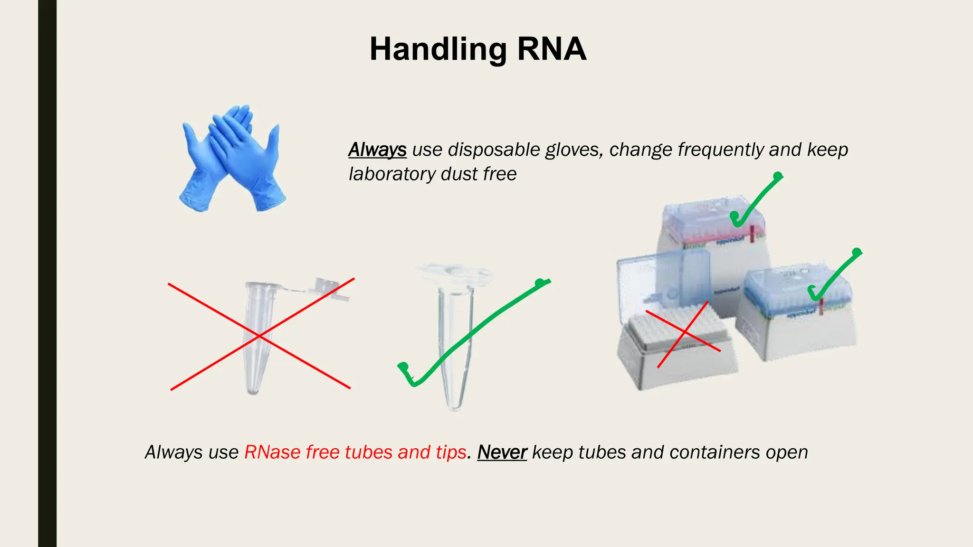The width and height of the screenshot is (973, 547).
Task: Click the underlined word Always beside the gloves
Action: click(x=377, y=150)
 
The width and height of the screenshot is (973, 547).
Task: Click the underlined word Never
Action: click(x=502, y=452)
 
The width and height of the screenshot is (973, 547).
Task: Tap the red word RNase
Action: click(x=272, y=452)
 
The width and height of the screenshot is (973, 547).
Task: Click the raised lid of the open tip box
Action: click(x=665, y=280)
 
